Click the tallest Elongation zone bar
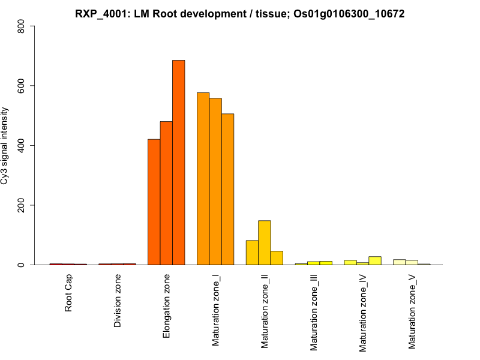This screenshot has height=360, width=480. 178,163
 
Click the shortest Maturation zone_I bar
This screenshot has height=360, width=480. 227,190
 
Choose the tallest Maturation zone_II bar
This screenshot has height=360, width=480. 265,243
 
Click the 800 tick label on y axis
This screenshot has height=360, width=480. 22,26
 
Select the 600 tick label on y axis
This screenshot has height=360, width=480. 22,86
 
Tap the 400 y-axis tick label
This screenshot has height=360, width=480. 22,146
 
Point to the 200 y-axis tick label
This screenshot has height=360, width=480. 22,205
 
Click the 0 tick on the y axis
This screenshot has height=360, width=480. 22,265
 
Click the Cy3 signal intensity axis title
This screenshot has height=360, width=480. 5,146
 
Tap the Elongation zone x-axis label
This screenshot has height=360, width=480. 167,306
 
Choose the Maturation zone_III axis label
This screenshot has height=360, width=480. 314,313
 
